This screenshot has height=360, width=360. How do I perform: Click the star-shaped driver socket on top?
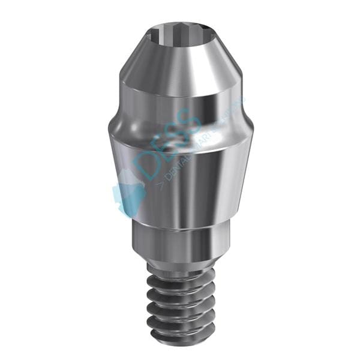[x=180, y=29]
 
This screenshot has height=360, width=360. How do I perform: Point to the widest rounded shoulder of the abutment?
[x=180, y=129]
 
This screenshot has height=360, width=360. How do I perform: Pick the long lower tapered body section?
[x=180, y=180]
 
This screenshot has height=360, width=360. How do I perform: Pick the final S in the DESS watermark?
[x=193, y=120]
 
